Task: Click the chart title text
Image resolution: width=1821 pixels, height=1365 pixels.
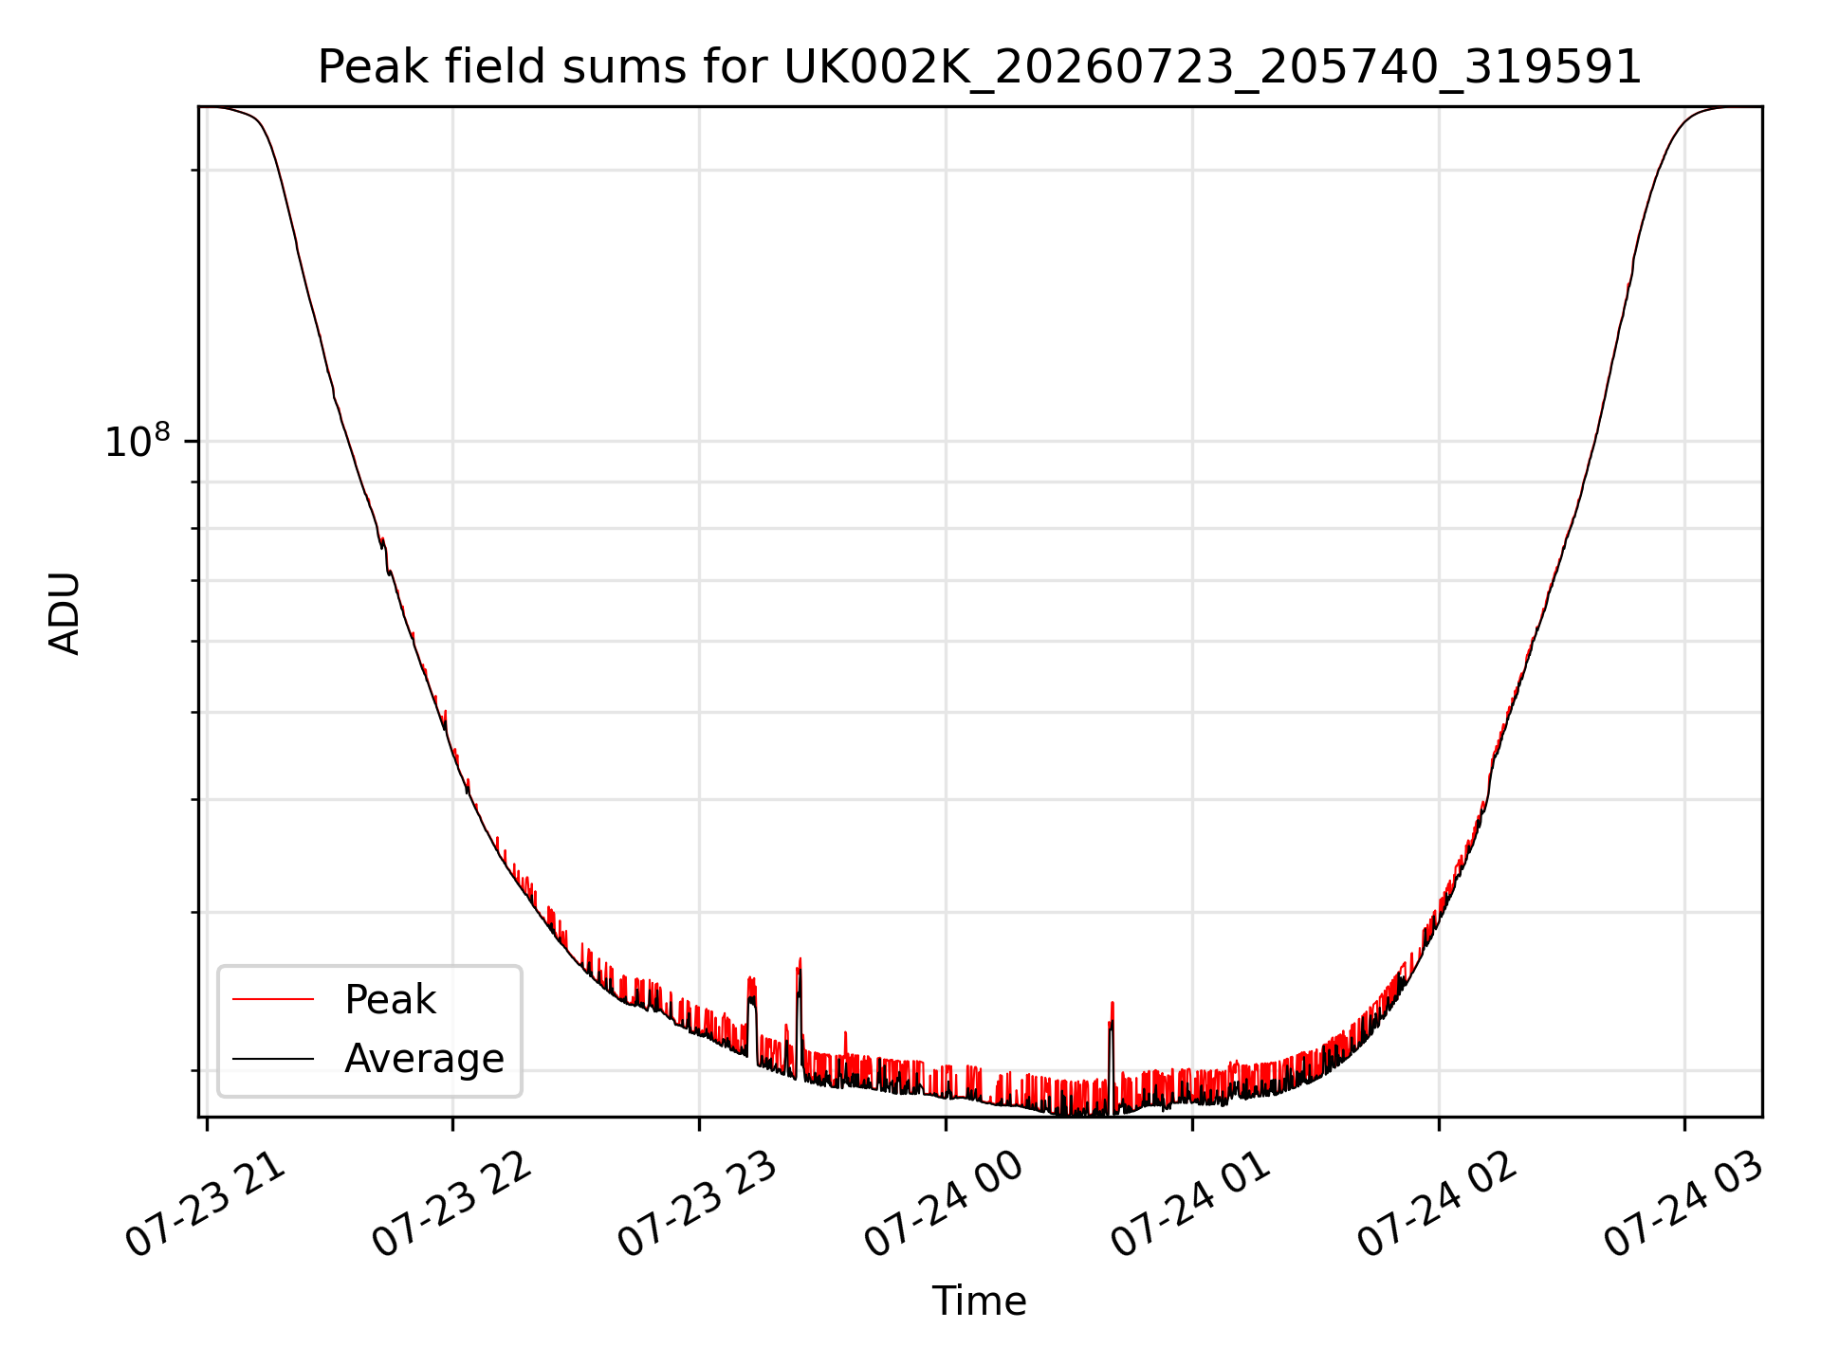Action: point(980,67)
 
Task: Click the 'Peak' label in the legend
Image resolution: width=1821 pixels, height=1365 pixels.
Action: point(390,1000)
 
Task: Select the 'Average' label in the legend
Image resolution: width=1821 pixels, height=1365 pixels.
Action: point(424,1059)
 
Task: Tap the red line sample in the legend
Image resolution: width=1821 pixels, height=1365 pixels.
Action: point(273,999)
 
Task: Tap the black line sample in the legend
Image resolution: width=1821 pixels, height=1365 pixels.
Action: point(273,1058)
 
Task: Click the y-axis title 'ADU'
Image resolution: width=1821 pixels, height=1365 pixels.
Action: point(64,613)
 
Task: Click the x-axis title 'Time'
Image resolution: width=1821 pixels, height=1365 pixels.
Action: point(979,1301)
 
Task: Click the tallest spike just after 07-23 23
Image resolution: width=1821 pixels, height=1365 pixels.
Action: point(800,960)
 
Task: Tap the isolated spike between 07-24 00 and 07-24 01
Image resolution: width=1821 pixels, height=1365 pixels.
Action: point(1112,1004)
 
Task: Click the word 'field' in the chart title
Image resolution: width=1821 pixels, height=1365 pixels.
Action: point(494,66)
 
